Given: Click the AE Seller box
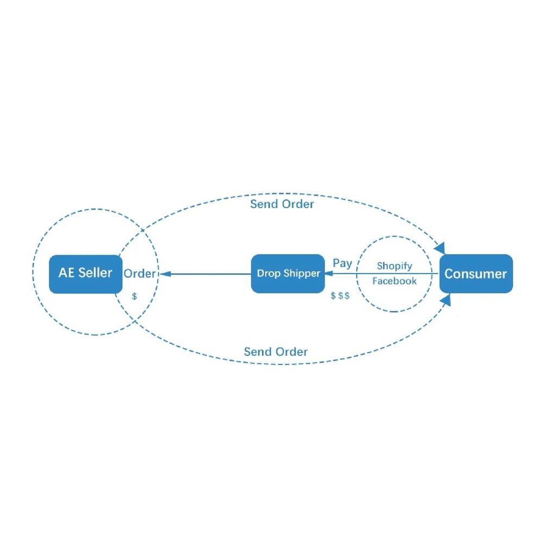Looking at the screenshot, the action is [x=85, y=274].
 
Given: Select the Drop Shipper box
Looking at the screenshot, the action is [x=288, y=274].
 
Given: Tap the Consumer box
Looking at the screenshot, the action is [x=476, y=274].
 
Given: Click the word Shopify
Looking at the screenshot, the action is [x=394, y=266].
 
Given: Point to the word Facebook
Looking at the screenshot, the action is [x=394, y=281].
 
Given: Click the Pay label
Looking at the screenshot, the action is [x=342, y=263].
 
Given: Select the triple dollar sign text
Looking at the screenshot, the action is [x=340, y=295].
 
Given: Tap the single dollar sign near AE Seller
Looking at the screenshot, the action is [x=135, y=296].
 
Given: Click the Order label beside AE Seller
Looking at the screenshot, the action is [x=140, y=274].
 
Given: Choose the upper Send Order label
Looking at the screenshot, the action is [x=282, y=204].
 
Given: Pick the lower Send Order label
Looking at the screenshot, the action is [x=275, y=351].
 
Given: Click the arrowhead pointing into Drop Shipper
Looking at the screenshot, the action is [x=328, y=274].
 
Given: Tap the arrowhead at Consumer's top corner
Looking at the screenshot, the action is [x=440, y=248].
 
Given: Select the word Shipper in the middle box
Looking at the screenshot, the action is [x=302, y=274].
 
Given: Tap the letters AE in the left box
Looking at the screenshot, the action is [x=67, y=273].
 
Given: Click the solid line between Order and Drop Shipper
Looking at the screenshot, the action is [x=206, y=274].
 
